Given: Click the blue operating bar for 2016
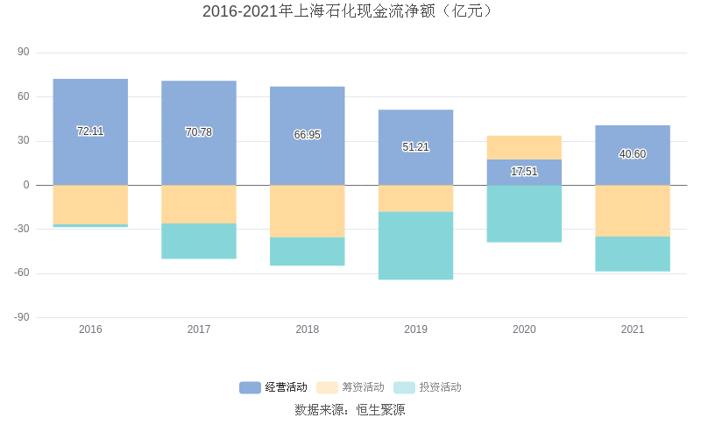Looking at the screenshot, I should (x=90, y=105).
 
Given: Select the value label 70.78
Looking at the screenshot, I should (x=199, y=132).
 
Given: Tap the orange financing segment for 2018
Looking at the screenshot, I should (x=307, y=211).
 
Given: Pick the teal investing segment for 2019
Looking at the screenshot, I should (x=415, y=245).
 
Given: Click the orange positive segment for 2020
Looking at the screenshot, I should (x=524, y=147).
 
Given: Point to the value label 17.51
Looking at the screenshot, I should (x=524, y=172).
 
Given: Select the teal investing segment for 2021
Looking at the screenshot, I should (x=633, y=253).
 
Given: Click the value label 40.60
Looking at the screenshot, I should (x=633, y=154).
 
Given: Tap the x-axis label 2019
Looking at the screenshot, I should (x=415, y=329).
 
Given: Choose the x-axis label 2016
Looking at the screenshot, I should (x=90, y=329).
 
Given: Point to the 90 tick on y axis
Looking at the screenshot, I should (x=23, y=53).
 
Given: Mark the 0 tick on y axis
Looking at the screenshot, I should (x=26, y=185).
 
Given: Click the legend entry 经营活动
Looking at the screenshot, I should (x=273, y=387).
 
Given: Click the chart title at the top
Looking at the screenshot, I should (x=350, y=11).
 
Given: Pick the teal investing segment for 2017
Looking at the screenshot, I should (x=199, y=241).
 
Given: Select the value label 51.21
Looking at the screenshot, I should (x=415, y=147).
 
